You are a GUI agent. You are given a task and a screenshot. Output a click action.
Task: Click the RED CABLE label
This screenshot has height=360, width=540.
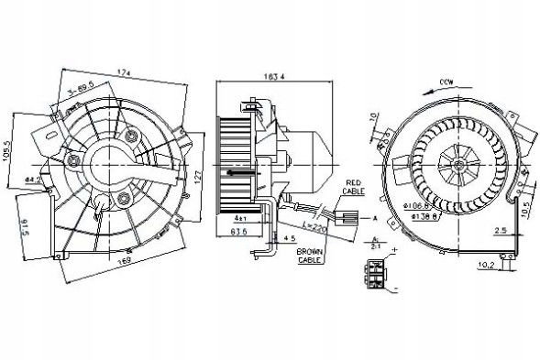(354, 189)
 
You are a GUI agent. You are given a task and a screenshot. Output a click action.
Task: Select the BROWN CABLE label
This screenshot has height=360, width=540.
(309, 257)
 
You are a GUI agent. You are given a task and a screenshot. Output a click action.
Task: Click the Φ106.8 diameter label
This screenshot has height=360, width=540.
(446, 206)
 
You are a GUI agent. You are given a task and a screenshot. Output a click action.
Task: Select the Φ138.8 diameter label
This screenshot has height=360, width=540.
(446, 218)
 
